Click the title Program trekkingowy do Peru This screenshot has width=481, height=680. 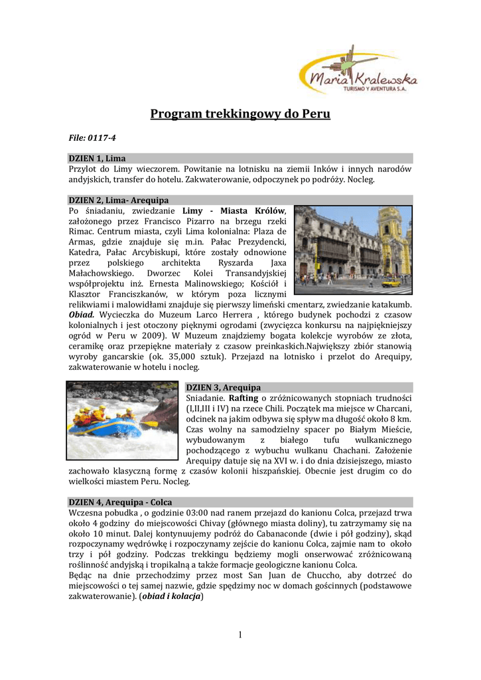coord(240,114)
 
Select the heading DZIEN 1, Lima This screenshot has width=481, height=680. coord(98,158)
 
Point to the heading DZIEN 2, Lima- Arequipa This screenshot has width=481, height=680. coord(119,200)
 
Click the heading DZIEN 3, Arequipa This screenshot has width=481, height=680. coord(223,387)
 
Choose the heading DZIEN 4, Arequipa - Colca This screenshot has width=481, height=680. coord(120,503)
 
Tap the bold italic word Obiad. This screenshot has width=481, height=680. coord(82,314)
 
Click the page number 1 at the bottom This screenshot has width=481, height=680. coord(240,636)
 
